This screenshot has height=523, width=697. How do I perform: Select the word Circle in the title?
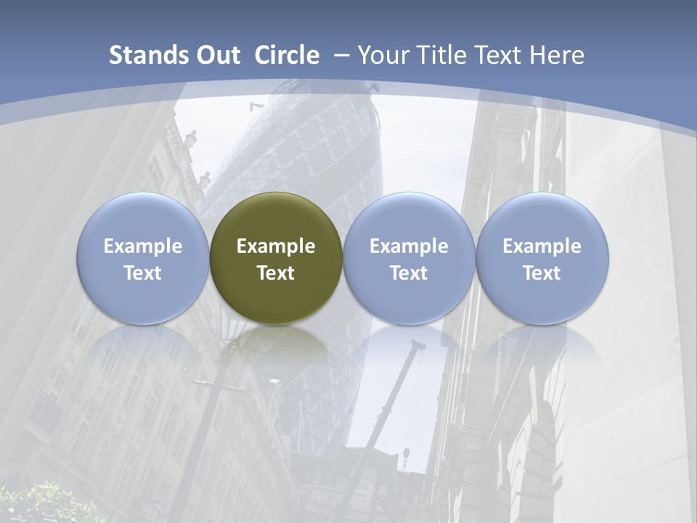point(287,55)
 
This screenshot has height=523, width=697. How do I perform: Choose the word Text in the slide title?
point(494,55)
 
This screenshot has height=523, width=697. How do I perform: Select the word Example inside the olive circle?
point(276,246)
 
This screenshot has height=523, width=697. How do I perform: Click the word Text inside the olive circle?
point(276,273)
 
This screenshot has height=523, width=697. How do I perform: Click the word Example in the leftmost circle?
point(142,246)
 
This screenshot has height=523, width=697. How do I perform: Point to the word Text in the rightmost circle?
point(542,273)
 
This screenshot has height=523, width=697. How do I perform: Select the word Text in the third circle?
point(409,273)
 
